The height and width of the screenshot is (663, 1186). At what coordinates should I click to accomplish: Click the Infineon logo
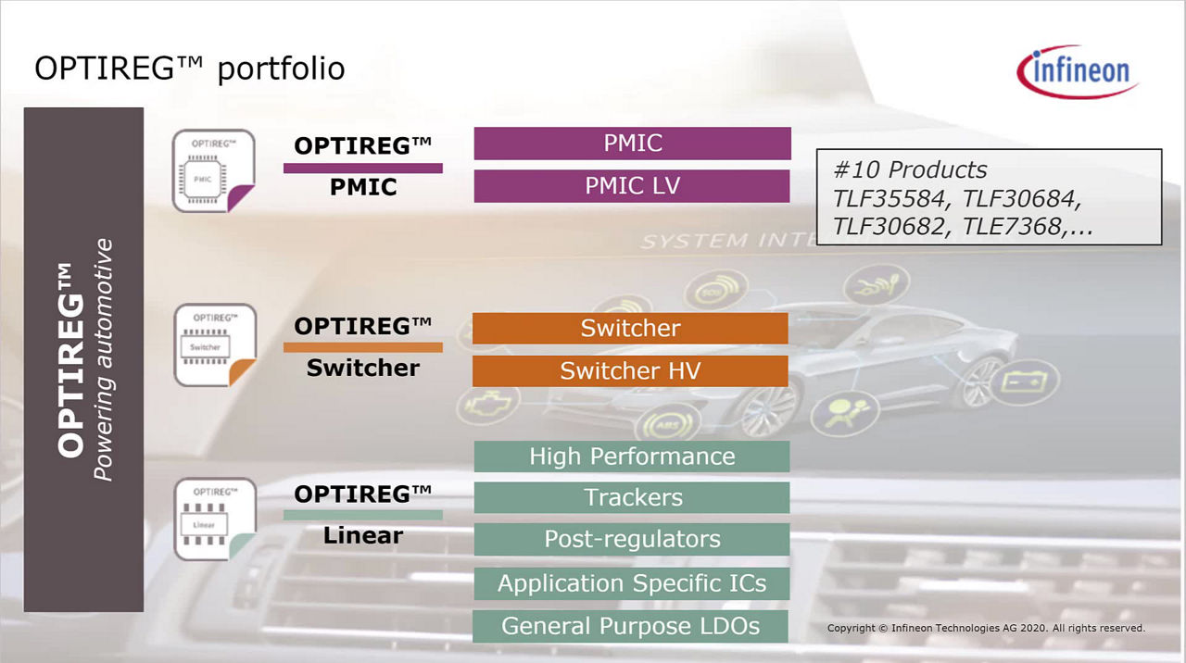[x=1078, y=71]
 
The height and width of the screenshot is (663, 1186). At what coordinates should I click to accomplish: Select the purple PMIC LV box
[x=632, y=186]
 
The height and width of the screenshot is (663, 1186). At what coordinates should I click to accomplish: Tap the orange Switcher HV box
[x=630, y=370]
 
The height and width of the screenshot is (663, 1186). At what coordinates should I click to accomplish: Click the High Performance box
[x=632, y=457]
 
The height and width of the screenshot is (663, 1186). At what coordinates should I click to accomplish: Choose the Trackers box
[x=632, y=497]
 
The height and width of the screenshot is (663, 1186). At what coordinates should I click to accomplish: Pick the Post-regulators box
[x=632, y=539]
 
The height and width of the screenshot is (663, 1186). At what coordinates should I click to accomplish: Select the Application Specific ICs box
[x=632, y=583]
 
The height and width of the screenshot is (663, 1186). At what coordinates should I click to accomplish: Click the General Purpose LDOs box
[x=630, y=627]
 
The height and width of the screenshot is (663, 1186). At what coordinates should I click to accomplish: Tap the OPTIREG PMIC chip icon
[x=213, y=171]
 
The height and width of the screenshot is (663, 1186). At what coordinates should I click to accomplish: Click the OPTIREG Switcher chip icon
[x=215, y=345]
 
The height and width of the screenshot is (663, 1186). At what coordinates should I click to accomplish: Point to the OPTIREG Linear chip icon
[x=215, y=519]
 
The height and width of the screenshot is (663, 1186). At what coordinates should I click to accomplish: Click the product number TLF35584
[x=889, y=199]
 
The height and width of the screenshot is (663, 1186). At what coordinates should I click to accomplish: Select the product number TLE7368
[x=1012, y=227]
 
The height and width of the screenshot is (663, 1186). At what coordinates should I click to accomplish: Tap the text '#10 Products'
[x=910, y=169]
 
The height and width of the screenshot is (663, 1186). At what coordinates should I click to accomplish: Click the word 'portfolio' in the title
[x=281, y=69]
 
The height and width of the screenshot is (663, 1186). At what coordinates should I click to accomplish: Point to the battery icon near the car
[x=1025, y=381]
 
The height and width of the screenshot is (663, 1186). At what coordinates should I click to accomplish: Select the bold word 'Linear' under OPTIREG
[x=363, y=535]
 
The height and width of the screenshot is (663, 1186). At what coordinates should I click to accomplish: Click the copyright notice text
[x=986, y=628]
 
